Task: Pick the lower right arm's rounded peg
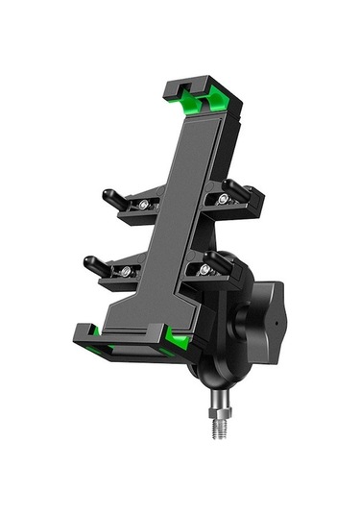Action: pyautogui.click(x=220, y=261)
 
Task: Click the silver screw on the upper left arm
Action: pyautogui.click(x=145, y=206)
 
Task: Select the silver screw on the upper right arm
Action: pyautogui.click(x=224, y=199)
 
